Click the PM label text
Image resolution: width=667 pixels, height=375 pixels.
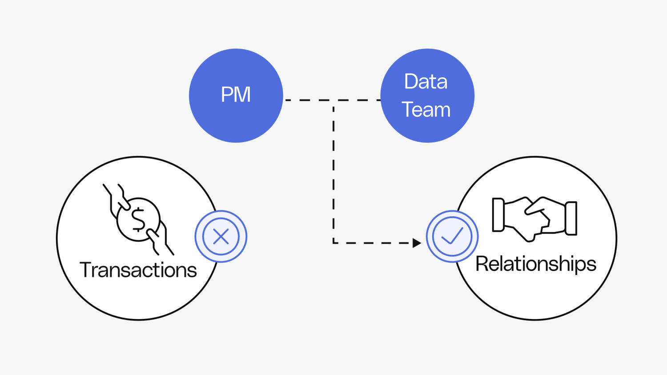(236, 95)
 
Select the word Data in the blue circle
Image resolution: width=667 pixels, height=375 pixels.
(426, 82)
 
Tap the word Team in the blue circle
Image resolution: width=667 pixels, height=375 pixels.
(426, 110)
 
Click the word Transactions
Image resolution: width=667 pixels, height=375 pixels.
(138, 270)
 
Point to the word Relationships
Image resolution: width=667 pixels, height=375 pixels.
(535, 264)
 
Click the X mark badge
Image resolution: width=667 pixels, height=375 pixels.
(221, 236)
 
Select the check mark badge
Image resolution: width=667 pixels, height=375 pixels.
(452, 236)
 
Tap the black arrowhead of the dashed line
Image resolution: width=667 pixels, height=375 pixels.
(416, 243)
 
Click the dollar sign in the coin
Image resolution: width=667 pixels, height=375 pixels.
(138, 219)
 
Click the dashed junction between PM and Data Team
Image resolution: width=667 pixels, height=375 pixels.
(333, 100)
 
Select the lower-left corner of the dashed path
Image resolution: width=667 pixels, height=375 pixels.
(333, 243)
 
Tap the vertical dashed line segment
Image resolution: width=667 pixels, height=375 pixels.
(333, 173)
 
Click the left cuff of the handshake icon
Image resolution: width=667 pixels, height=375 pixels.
(498, 215)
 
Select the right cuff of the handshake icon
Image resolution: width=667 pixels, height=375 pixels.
(571, 218)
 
